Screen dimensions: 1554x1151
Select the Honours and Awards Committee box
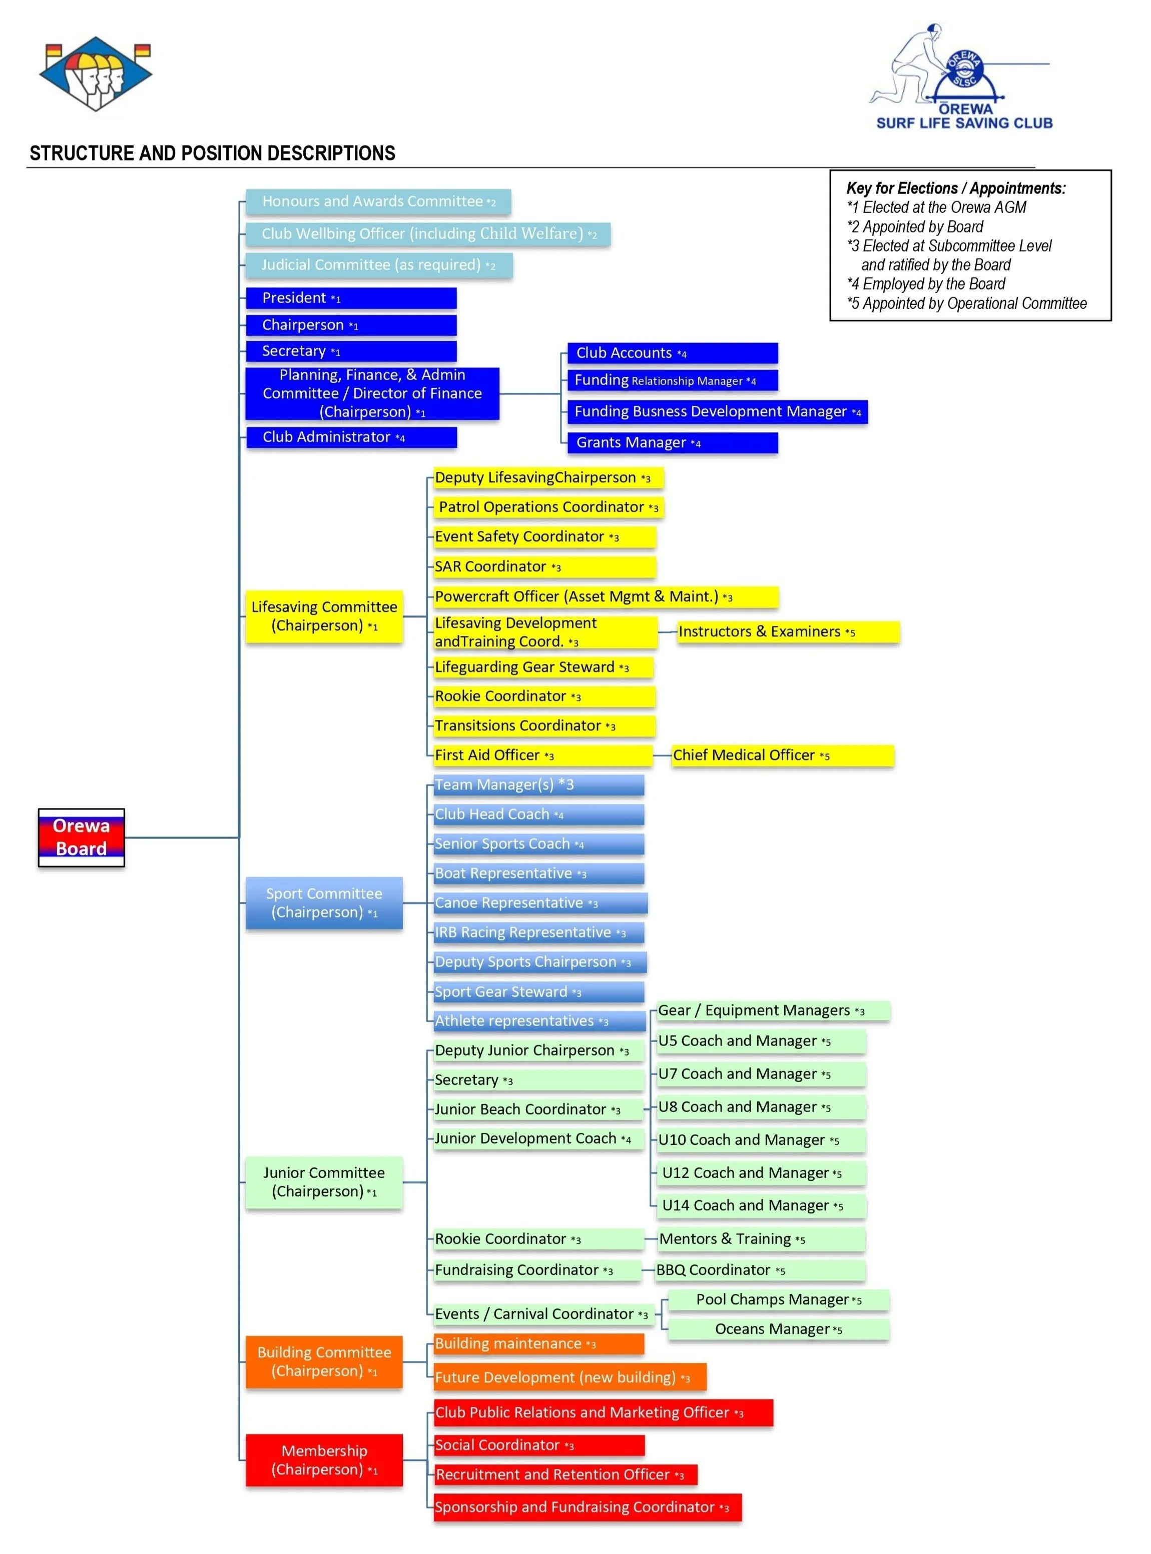[378, 201]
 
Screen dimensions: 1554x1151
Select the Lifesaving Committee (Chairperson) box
[324, 616]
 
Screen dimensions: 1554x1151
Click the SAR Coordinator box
[543, 566]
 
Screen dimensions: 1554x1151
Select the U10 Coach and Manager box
[760, 1140]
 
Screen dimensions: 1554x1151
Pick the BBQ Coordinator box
[760, 1270]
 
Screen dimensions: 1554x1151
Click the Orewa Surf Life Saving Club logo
[961, 77]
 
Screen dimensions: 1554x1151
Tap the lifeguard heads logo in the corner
[96, 73]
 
